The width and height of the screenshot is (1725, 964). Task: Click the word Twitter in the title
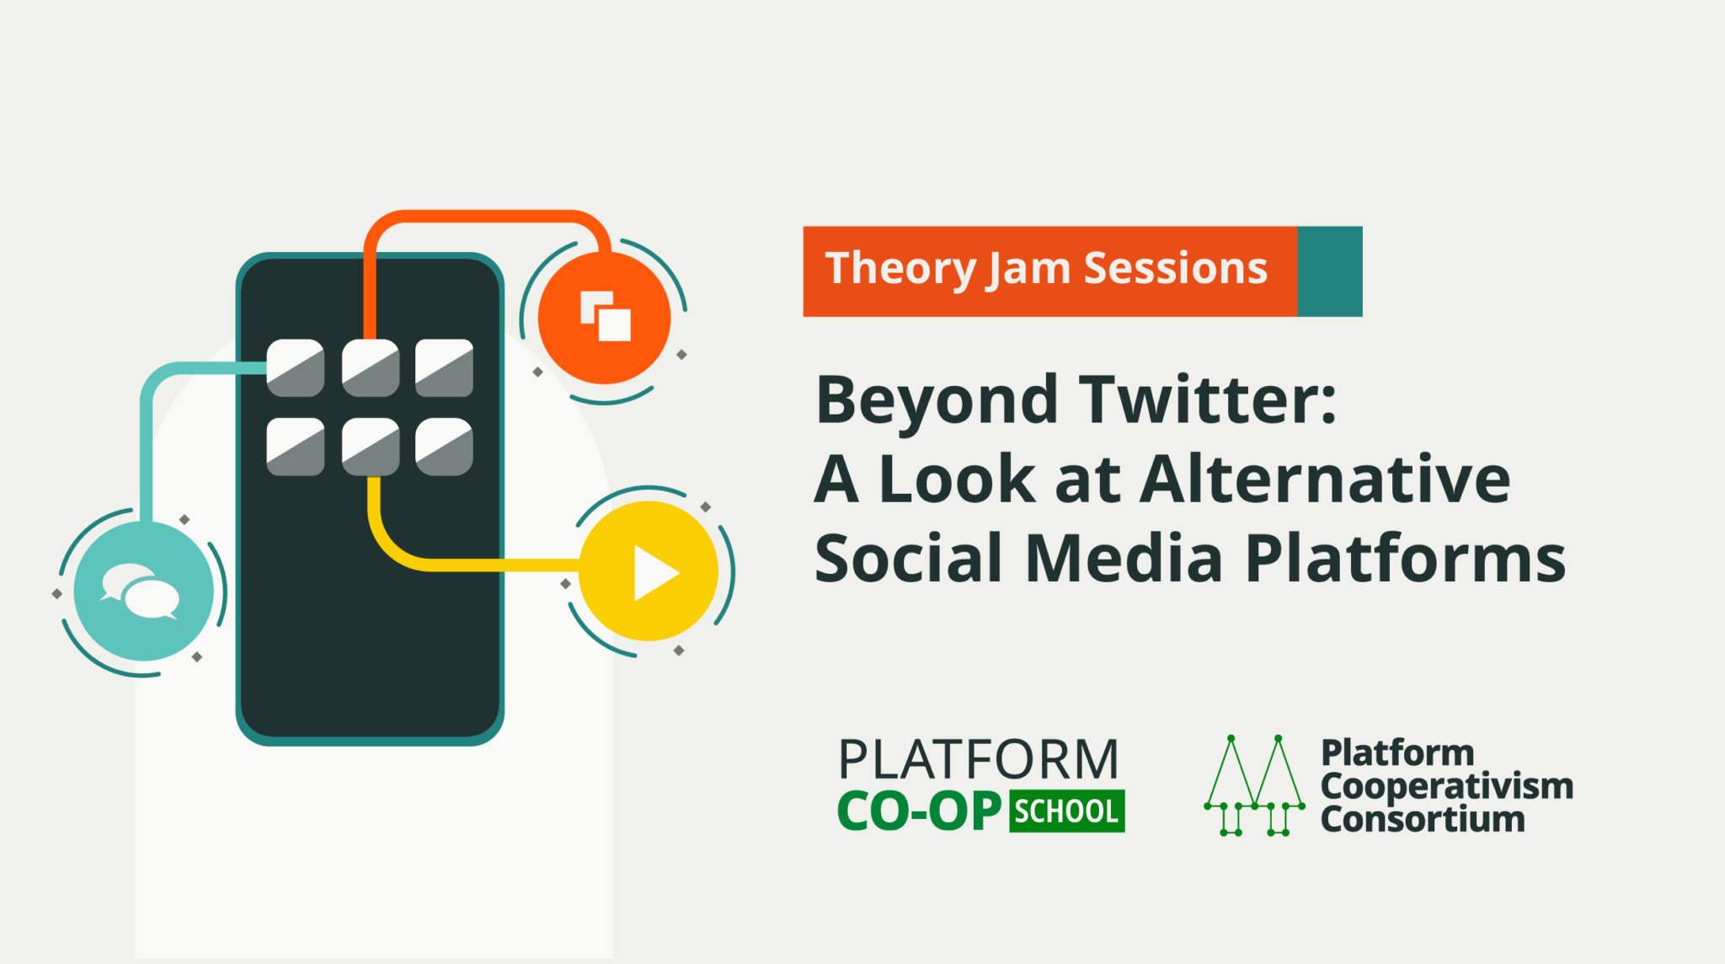tap(1210, 399)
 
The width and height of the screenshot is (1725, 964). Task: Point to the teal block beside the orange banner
tap(1329, 271)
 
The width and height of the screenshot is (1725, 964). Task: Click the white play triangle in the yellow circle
tap(654, 573)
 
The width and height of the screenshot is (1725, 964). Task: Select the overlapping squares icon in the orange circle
tap(606, 317)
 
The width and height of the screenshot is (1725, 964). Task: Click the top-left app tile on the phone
tap(296, 368)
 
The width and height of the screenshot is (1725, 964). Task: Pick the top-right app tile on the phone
tap(444, 368)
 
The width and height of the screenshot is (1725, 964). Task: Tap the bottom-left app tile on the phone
tap(296, 447)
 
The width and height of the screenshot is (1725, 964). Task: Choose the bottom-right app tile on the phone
tap(444, 447)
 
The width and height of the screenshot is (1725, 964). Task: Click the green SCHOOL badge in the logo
tap(1066, 811)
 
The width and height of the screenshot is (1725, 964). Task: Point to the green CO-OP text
tap(919, 811)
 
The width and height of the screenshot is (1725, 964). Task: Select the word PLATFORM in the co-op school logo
tap(978, 759)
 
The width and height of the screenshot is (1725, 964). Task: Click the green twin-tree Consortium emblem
tap(1254, 785)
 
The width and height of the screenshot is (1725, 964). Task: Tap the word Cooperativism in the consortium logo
tap(1446, 786)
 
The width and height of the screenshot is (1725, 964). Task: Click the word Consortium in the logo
tap(1422, 820)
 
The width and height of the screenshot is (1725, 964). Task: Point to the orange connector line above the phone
tap(489, 217)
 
